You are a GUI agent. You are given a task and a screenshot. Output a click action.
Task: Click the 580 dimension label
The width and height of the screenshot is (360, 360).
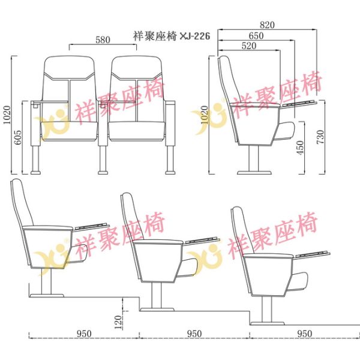tap(103, 40)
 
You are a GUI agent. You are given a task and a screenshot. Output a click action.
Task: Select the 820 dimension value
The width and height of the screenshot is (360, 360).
tap(267, 25)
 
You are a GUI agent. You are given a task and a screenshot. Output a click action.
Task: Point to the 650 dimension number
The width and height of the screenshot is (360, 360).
tap(256, 35)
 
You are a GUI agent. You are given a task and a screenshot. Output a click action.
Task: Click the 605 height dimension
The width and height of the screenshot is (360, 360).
tap(19, 139)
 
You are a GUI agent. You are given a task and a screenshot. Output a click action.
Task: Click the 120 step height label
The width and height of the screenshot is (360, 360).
tap(118, 322)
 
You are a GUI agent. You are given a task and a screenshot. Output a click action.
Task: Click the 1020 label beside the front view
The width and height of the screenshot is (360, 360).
tap(8, 113)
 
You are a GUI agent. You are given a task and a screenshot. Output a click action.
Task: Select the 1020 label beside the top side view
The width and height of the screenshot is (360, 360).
tap(204, 113)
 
